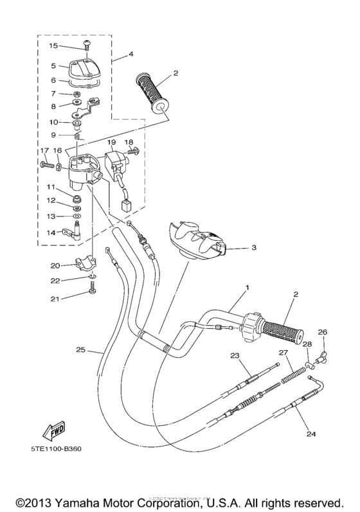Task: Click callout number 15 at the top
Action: coord(53,46)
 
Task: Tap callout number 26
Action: coord(322,332)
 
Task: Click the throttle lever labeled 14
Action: coord(75,233)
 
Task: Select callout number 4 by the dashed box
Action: coord(131,54)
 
